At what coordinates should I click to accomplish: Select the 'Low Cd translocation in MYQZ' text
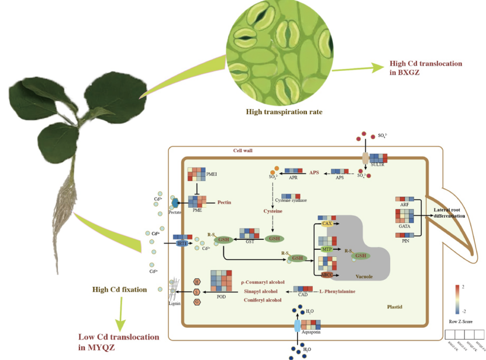coord(119,342)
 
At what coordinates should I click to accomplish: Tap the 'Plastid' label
coord(395,307)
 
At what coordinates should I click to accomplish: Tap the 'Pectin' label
coord(225,202)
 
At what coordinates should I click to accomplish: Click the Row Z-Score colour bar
coord(457,299)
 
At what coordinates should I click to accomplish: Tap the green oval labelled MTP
coord(326,250)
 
